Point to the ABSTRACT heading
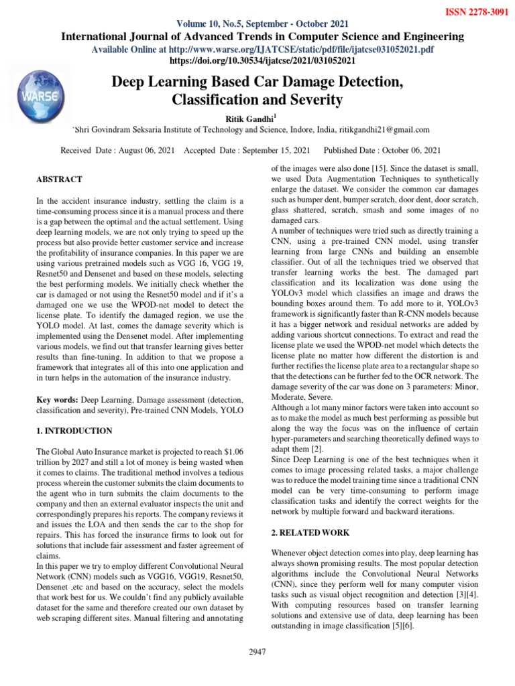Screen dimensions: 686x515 (x=58, y=180)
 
